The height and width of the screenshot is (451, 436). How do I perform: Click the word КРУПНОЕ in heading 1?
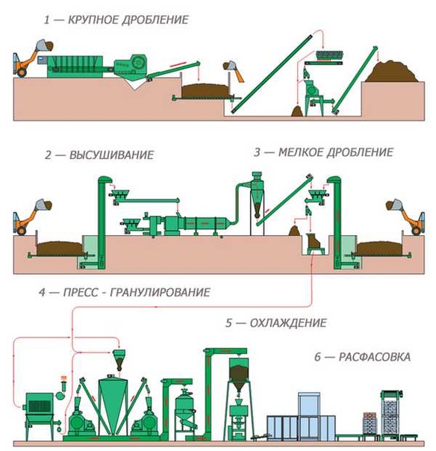coord(94,20)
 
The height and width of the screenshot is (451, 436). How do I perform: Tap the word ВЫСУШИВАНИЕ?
coord(112,155)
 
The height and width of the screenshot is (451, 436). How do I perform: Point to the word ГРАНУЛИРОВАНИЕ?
coord(161,293)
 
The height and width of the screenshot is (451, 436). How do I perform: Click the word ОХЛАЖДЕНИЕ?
coord(288,323)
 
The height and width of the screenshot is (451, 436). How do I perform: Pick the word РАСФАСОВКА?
coord(375,357)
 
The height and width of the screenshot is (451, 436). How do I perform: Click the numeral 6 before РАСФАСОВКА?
coord(317,357)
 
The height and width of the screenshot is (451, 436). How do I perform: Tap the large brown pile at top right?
coord(392,72)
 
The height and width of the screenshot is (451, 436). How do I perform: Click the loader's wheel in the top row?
coord(22,72)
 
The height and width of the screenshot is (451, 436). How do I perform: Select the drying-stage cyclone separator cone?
coord(258,203)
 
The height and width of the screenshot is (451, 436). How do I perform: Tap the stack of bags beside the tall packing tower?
coord(370,423)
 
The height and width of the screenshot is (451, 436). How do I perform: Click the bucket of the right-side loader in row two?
coord(393,205)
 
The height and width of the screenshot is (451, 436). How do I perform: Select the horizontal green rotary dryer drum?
coord(205,223)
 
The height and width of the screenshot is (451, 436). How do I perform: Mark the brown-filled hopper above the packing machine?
coord(238,373)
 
